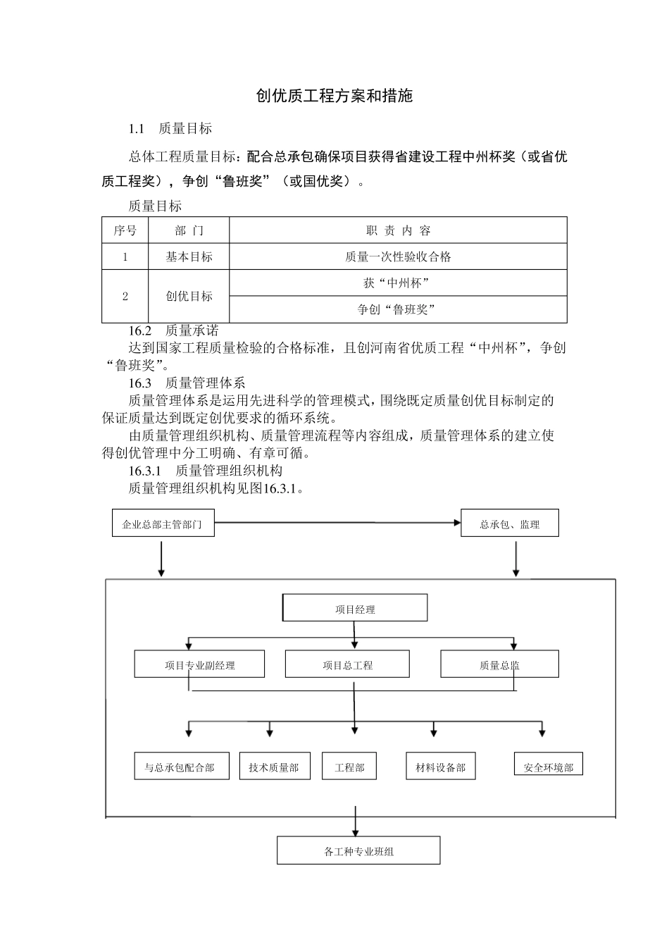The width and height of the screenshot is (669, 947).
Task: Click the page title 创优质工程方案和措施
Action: point(334,97)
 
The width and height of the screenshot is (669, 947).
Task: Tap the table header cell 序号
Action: point(125,230)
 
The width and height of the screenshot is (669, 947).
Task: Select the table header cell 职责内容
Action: point(398,230)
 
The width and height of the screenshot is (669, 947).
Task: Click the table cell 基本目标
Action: point(189,256)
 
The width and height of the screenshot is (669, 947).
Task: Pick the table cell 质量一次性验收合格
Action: point(398,256)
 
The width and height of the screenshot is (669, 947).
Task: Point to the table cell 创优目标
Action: point(189,296)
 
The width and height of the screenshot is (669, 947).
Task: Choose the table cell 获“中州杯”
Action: point(398,283)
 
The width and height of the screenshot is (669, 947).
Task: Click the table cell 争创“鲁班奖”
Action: point(398,309)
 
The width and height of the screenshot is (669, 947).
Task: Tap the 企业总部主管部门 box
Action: point(163,524)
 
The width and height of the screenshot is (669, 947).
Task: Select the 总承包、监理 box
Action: point(509,524)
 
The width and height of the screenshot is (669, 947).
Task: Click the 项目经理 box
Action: point(355,609)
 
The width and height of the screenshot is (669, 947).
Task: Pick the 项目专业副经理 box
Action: point(199,664)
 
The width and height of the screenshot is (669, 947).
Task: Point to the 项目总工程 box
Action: point(347,664)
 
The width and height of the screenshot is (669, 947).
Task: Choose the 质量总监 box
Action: point(499,664)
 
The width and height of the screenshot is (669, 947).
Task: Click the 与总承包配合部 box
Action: point(182,767)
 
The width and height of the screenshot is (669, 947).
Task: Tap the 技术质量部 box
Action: point(274,767)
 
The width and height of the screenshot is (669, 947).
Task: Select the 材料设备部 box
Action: point(441,767)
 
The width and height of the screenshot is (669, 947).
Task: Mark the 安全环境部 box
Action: point(549,766)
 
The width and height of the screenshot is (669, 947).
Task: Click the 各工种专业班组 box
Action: point(358,851)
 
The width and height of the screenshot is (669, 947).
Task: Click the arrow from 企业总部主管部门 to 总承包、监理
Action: point(337,523)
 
